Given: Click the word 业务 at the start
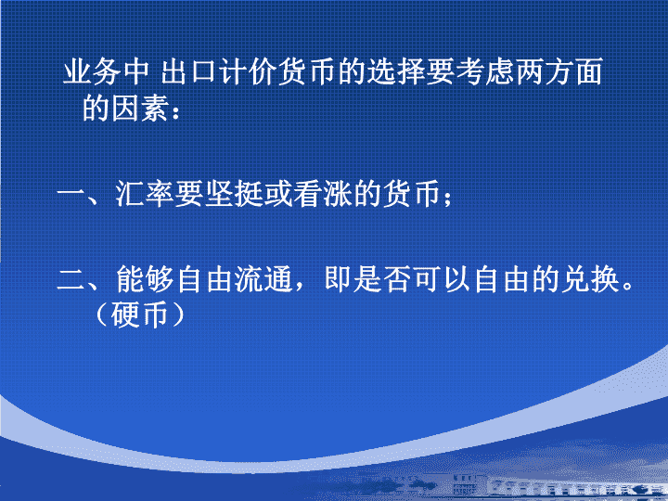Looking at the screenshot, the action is point(93,71).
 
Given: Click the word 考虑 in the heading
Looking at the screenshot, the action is point(485,71).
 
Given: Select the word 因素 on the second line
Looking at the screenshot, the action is point(139,109).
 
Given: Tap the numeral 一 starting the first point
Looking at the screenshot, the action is point(71,195).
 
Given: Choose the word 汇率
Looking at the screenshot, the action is point(145,194).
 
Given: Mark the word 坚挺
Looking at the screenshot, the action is point(234,194).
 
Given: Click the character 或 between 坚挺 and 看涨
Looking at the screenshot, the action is point(277,194).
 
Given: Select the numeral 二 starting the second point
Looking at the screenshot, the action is point(71,280).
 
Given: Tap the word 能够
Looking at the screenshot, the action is point(145,279).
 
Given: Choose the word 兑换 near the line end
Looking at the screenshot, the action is point(590,279).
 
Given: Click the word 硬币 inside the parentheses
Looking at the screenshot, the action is point(139,315).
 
